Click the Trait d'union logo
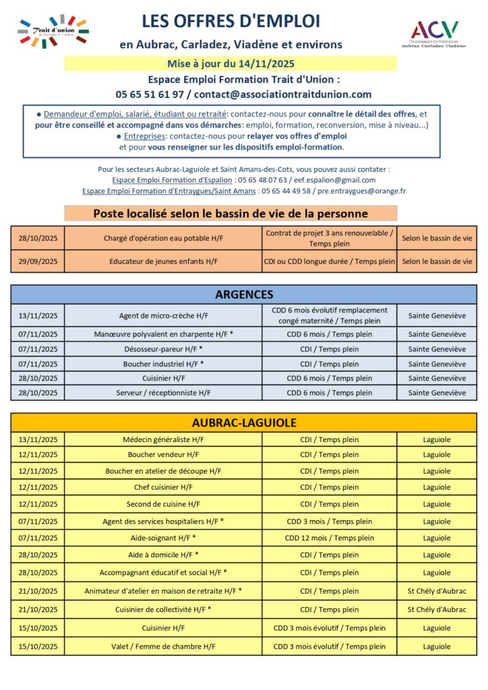coord(53,31)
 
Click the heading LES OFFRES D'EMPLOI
coord(231,22)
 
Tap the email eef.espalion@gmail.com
coord(335,180)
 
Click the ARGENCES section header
coord(244,294)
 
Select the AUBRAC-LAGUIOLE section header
coord(244,422)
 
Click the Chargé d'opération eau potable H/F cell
coord(163,238)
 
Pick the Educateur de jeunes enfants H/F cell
coord(163,261)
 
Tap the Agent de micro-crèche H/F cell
coord(163,315)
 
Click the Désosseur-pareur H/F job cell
coord(163,349)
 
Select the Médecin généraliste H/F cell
coord(163,439)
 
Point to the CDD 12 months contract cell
coord(329,538)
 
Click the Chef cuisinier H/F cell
coord(163,487)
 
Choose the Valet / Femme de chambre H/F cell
coord(163,646)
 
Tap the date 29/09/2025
coord(38,261)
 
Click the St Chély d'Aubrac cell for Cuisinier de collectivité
coord(436,609)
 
